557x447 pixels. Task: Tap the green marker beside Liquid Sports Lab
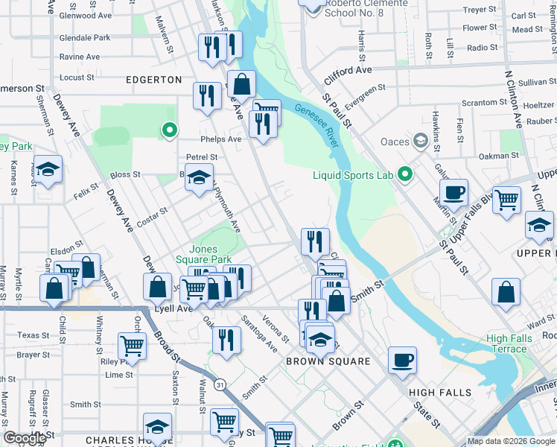tap(405, 174)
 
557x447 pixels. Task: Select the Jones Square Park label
tap(212, 254)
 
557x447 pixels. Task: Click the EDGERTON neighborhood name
tap(153, 79)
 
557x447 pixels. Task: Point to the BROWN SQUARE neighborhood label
tap(328, 361)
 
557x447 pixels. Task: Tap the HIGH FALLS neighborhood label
tap(439, 392)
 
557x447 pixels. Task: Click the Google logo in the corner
tap(25, 438)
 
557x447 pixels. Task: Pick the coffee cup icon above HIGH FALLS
tap(403, 359)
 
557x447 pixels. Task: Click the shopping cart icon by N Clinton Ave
tap(506, 199)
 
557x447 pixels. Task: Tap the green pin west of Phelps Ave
tap(170, 130)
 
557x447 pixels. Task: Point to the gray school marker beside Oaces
tap(421, 141)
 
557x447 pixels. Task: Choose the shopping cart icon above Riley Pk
tap(132, 345)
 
